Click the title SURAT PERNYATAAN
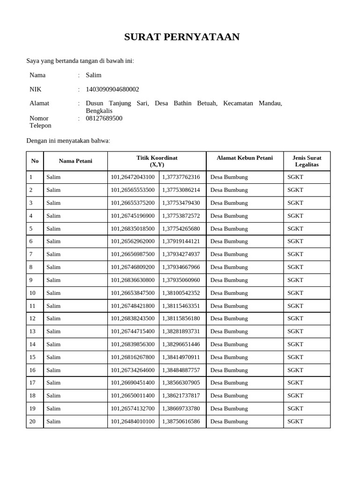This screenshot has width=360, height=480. [182, 37]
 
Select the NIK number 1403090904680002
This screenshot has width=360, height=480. [112, 89]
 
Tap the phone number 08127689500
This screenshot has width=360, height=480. [104, 118]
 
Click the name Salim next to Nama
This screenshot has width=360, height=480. [94, 75]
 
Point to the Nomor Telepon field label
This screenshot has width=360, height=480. [40, 122]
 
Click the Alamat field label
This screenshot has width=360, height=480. [39, 103]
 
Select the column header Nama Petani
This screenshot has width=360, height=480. [75, 161]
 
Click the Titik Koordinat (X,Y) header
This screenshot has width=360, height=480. [157, 161]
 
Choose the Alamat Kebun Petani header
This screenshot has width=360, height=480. [245, 158]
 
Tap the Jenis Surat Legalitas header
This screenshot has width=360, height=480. [307, 161]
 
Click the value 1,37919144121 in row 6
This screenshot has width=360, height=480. [181, 241]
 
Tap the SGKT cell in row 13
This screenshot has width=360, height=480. [295, 331]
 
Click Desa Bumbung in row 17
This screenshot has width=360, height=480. [229, 383]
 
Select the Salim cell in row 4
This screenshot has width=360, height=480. [53, 216]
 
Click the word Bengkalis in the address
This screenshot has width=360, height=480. [99, 111]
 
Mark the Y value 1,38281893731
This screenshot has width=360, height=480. [181, 331]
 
